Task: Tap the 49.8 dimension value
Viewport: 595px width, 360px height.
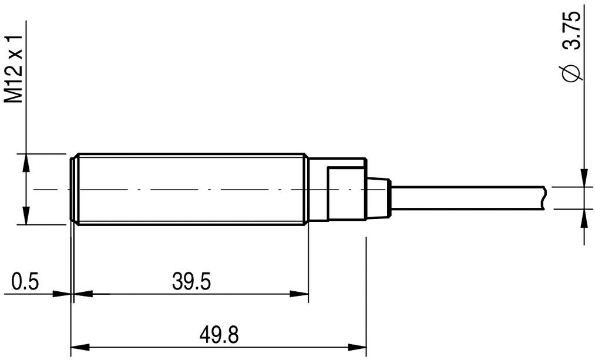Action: coord(218,335)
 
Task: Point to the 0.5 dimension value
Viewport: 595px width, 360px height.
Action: coord(25,282)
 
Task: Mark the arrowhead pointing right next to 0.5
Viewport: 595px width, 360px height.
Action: coord(62,294)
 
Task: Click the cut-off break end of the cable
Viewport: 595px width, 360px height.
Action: coord(545,198)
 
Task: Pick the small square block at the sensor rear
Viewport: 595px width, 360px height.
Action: coord(347,194)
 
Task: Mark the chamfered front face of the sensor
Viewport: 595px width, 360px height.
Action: coord(73,189)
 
